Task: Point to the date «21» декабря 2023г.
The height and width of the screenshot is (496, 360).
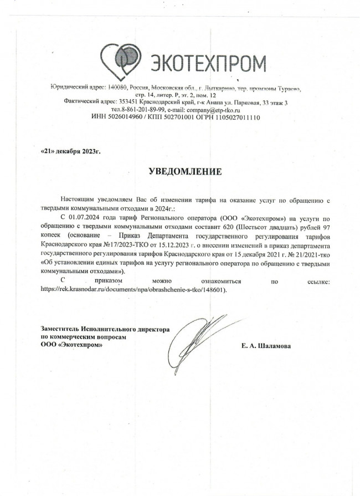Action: coord(71,151)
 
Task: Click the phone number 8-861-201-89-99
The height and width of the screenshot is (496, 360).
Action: coord(142,110)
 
